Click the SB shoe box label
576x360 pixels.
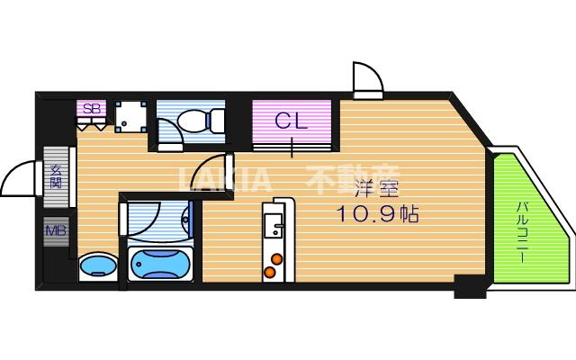(92, 109)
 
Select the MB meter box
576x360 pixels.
(56, 230)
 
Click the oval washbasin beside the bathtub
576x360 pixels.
(97, 266)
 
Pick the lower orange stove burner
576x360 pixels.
(268, 271)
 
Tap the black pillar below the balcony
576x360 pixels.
(470, 289)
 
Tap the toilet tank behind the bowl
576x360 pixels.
(216, 119)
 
